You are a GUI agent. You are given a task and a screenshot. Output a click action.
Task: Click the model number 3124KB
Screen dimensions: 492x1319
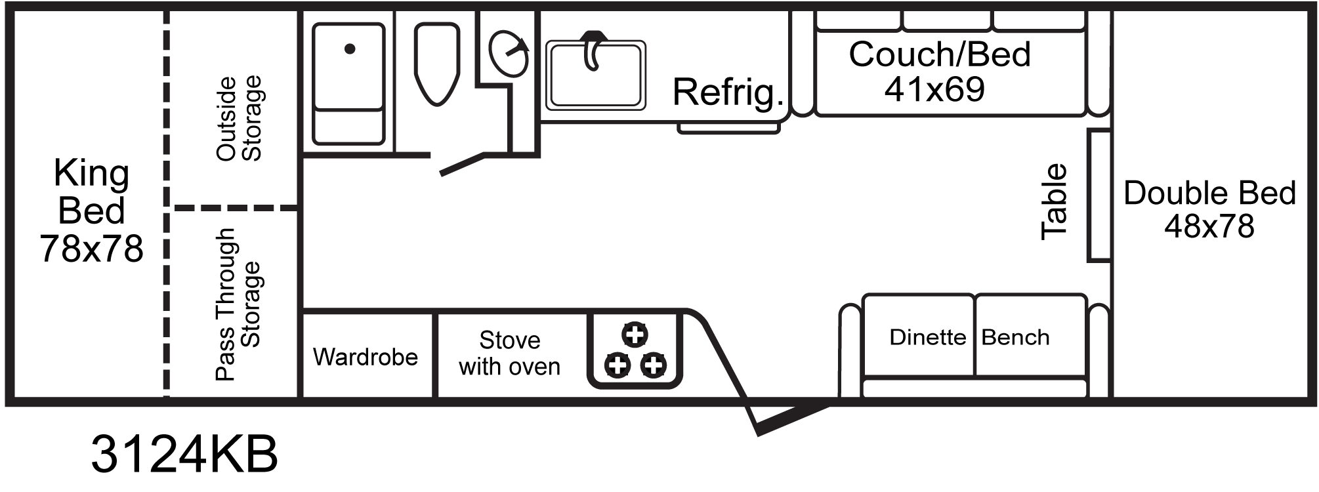184,453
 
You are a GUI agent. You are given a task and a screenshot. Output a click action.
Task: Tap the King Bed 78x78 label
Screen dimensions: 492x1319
91,211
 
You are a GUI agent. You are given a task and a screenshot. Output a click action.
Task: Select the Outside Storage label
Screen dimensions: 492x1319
239,118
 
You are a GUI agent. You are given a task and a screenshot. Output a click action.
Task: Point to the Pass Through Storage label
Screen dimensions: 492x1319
238,304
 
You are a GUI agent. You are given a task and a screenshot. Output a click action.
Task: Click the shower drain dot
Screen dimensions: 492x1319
350,49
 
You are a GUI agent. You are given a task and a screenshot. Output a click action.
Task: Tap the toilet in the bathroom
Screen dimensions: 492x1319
436,64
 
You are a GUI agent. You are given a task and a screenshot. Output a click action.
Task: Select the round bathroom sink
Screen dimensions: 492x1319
509,54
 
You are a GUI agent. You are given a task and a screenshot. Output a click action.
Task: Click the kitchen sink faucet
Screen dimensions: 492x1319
594,49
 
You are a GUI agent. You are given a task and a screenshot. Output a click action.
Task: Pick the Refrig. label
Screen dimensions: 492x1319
728,92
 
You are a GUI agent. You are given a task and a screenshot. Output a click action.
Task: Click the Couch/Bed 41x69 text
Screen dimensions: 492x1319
938,72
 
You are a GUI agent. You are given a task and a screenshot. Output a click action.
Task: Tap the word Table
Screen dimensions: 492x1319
1055,201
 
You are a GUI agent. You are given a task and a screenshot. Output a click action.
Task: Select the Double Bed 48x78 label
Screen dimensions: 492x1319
1209,209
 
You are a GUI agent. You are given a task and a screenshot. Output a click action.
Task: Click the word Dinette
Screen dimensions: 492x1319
927,337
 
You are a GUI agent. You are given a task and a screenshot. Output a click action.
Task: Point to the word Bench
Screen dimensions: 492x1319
1015,337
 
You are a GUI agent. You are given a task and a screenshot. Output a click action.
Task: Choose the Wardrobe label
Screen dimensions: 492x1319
366,357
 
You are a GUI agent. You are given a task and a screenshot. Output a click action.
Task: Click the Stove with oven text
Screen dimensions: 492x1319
509,354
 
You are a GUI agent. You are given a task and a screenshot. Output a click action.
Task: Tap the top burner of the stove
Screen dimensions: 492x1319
635,335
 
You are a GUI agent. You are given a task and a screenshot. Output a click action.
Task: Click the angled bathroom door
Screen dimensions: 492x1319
462,164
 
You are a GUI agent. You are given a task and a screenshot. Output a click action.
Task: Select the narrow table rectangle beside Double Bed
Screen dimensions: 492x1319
1099,195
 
